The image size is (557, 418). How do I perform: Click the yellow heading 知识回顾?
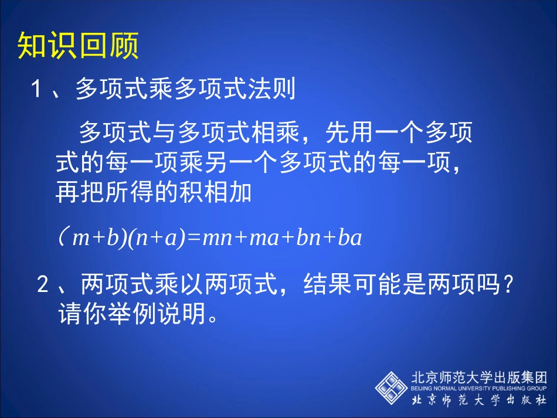[x=78, y=46]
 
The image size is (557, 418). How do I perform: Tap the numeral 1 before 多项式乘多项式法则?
[x=37, y=90]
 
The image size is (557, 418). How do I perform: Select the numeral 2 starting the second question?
[x=43, y=286]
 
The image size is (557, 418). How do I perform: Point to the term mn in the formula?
[x=215, y=239]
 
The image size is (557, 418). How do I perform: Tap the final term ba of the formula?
[x=349, y=239]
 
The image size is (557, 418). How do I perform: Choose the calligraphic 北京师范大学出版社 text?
[x=479, y=400]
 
